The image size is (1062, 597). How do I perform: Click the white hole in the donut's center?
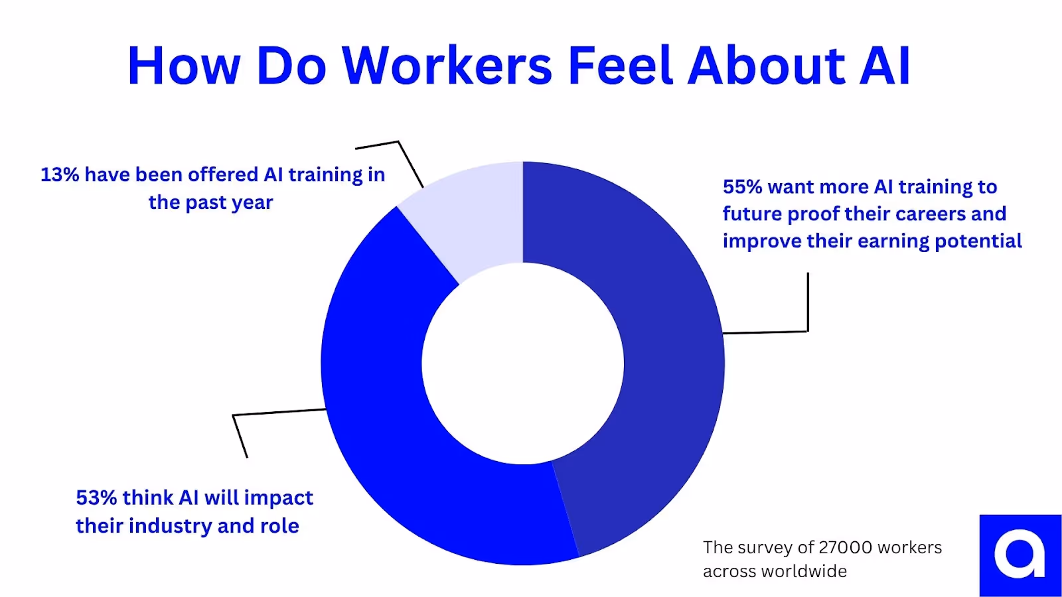(523, 364)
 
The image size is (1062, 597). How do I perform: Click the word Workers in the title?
(447, 66)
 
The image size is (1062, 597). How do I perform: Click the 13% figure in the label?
(60, 174)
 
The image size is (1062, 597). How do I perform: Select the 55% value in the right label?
(742, 187)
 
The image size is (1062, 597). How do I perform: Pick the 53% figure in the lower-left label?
(96, 497)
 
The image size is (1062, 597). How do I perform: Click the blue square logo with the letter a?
(1020, 555)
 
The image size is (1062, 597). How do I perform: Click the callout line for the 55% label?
(808, 305)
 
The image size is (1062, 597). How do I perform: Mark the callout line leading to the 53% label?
(279, 412)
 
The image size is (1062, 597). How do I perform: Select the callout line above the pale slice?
(410, 163)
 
